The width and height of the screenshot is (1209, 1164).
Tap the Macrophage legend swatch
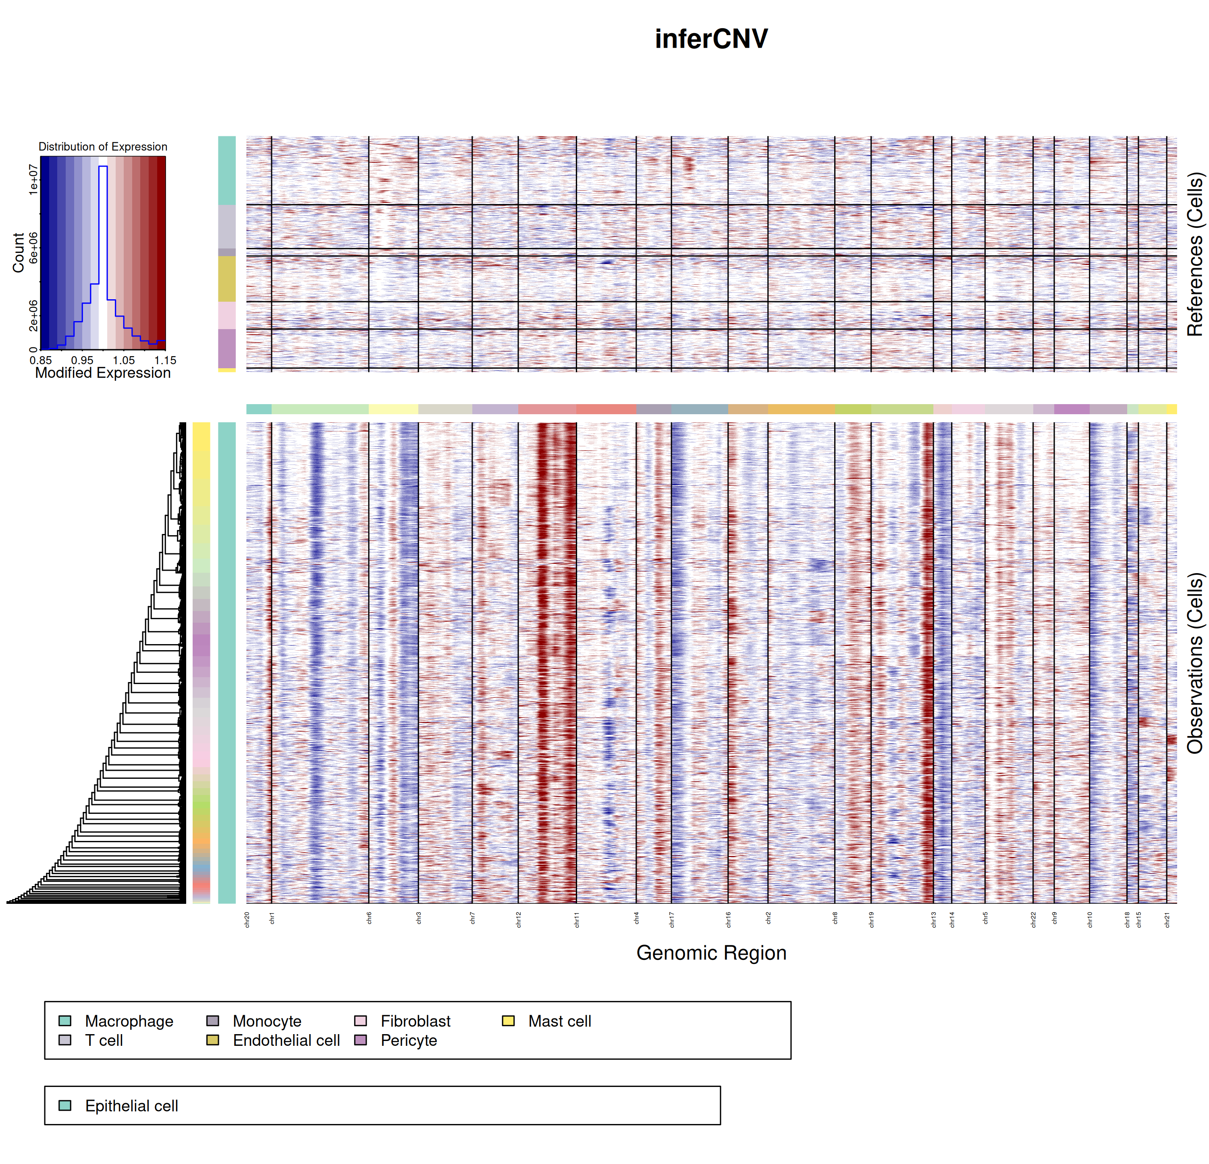coord(65,1021)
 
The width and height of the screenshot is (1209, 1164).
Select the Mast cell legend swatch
coord(508,1021)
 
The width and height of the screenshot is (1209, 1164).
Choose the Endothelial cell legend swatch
coord(213,1041)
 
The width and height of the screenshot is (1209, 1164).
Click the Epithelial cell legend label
coord(131,1106)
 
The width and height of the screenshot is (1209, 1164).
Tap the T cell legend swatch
coord(65,1041)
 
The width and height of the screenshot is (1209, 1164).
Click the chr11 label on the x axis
coord(577,920)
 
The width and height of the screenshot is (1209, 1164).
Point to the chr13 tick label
coord(933,920)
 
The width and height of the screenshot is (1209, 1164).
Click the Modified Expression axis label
coord(102,373)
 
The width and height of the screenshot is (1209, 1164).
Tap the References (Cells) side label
coord(1195,254)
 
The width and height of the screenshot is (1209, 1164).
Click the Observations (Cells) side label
coord(1195,663)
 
